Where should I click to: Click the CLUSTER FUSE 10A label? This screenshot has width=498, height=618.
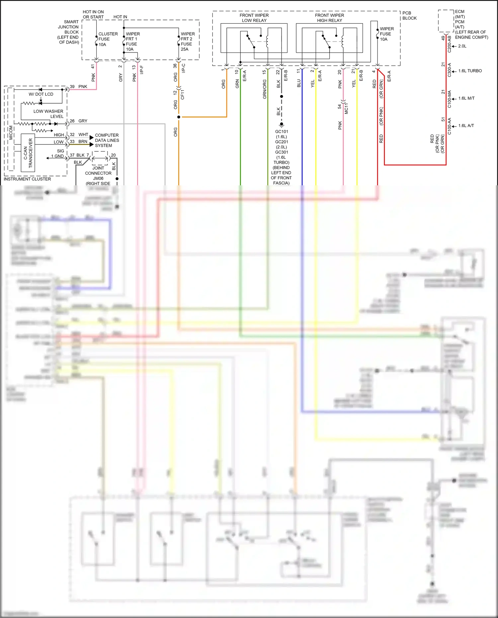[108, 39]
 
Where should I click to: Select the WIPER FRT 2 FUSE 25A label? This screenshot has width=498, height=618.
[188, 42]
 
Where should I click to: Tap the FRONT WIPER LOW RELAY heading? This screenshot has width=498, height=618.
[254, 18]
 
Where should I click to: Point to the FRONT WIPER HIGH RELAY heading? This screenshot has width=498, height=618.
[329, 18]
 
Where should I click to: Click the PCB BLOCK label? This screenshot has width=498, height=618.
[409, 16]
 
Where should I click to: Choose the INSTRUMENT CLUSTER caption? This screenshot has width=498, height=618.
[27, 179]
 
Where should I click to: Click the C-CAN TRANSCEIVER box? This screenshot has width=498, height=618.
[28, 153]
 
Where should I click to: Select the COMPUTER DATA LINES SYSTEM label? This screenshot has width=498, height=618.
[107, 140]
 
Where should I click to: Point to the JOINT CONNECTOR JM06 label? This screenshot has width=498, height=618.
[98, 173]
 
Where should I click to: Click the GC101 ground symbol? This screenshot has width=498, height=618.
[282, 125]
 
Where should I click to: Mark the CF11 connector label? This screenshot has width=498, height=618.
[183, 94]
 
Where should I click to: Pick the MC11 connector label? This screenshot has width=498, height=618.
[346, 109]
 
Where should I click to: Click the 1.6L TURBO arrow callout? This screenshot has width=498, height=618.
[469, 71]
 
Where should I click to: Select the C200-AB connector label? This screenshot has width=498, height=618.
[449, 44]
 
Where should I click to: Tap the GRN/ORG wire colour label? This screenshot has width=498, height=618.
[265, 89]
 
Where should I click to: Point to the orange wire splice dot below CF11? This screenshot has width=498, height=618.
[179, 117]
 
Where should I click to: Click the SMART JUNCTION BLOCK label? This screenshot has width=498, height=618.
[68, 32]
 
